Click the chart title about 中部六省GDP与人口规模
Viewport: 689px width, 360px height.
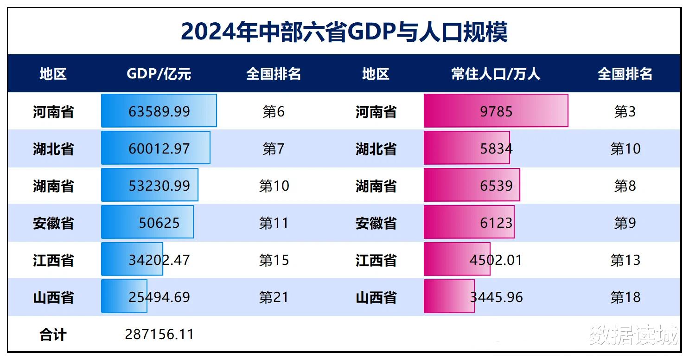click(x=344, y=32)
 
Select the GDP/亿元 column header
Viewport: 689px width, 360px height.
click(x=159, y=74)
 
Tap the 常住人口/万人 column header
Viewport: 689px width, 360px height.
click(x=496, y=74)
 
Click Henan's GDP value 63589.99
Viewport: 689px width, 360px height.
click(x=159, y=111)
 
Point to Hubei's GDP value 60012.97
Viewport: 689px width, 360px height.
click(x=159, y=148)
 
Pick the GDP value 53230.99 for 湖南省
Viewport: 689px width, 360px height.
click(x=159, y=186)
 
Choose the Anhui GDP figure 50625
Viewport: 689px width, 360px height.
click(x=159, y=223)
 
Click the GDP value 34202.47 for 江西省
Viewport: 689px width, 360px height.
click(x=159, y=260)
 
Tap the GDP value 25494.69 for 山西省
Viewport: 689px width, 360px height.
click(x=159, y=297)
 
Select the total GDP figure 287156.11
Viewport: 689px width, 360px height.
click(x=159, y=334)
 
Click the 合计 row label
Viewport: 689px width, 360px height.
click(x=53, y=334)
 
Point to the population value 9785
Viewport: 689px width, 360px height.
click(x=496, y=111)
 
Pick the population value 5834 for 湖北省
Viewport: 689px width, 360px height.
click(x=496, y=148)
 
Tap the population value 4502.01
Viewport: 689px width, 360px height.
click(x=496, y=260)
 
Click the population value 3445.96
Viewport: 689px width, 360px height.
click(x=496, y=297)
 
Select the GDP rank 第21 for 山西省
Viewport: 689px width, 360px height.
click(x=274, y=297)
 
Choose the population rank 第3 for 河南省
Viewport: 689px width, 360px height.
click(x=625, y=111)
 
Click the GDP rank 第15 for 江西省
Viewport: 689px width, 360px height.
click(x=274, y=260)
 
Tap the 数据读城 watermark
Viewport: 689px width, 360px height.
click(x=633, y=335)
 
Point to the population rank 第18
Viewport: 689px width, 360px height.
click(x=625, y=297)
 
